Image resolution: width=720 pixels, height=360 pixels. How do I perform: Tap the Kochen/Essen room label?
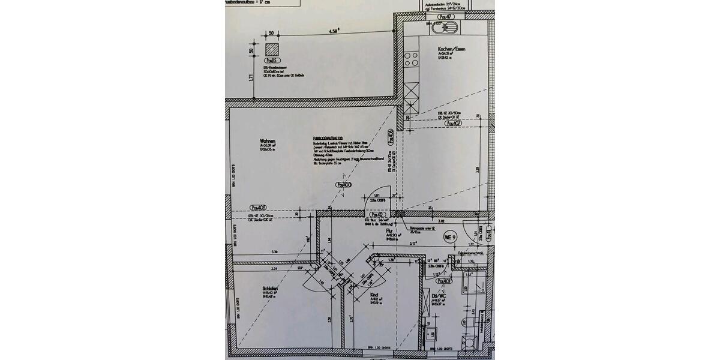[x=452, y=49]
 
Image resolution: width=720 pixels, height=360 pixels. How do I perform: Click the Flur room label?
[x=389, y=230]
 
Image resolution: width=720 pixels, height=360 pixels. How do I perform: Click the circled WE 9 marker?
[x=450, y=238]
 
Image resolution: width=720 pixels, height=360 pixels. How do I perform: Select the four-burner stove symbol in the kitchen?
[x=412, y=59]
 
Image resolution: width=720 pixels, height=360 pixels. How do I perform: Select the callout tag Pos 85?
[x=271, y=61]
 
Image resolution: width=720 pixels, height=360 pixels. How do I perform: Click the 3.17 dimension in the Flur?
[x=413, y=244]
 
